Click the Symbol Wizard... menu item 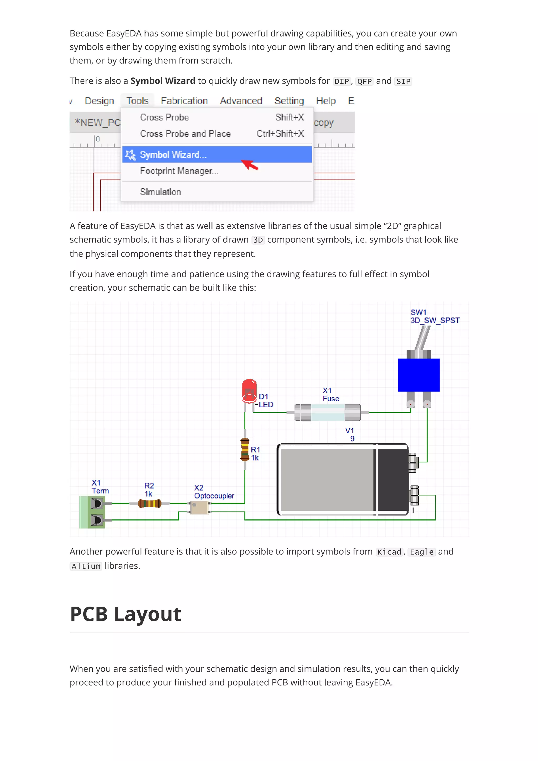point(173,155)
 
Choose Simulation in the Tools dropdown point(161,192)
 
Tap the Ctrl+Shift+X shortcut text point(280,134)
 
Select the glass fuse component point(328,412)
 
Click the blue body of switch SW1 point(419,375)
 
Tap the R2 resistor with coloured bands point(149,504)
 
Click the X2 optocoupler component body point(199,507)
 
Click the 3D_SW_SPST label point(435,321)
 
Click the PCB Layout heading point(126,614)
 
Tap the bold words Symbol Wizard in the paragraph point(163,81)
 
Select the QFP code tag point(364,81)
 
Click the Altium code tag point(86,566)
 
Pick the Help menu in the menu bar point(326,101)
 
